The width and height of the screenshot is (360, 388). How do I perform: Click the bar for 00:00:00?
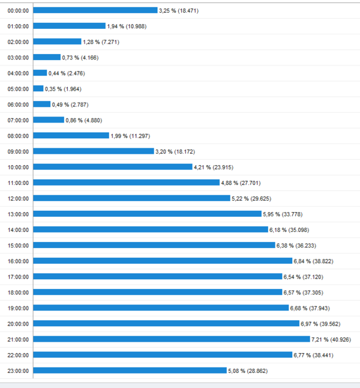click(x=95, y=10)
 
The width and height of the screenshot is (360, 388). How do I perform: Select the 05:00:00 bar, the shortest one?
click(x=38, y=88)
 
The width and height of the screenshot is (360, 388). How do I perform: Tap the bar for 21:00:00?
click(x=172, y=339)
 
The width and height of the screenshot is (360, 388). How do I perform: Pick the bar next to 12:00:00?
click(x=132, y=198)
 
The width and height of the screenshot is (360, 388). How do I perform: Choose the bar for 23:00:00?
click(x=130, y=370)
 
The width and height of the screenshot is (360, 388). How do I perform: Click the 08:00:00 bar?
click(x=71, y=135)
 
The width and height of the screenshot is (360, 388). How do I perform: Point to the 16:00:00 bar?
click(x=163, y=261)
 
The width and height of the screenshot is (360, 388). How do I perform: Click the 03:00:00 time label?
click(x=18, y=58)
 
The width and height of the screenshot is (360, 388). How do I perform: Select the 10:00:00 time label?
click(x=18, y=167)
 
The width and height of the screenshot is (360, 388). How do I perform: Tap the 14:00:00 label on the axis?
click(x=18, y=229)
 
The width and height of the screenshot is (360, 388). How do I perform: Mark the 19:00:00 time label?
click(x=18, y=308)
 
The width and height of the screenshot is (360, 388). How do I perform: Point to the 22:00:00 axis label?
click(x=18, y=354)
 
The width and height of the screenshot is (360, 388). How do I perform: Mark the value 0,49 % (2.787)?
click(x=70, y=105)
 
